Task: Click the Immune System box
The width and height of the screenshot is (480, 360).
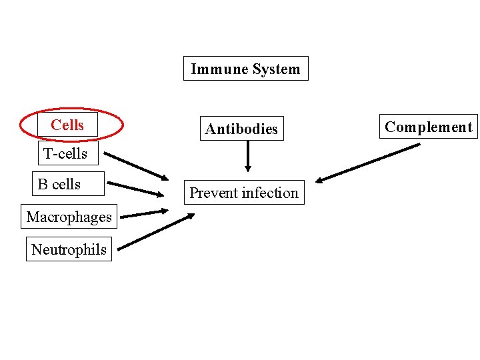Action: tap(245, 69)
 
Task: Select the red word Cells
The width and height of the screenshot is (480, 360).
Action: tap(67, 125)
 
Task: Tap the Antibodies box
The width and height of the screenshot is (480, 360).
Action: tap(241, 129)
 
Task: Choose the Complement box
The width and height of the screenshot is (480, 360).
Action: tap(428, 127)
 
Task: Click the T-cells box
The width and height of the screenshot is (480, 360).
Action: tap(65, 153)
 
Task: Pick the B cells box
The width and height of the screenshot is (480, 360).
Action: tap(59, 184)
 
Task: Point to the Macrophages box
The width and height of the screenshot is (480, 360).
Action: tap(69, 217)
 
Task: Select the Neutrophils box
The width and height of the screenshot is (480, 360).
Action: tap(69, 249)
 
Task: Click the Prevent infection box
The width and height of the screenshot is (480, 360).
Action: tap(244, 193)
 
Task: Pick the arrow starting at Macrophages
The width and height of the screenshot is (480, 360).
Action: tap(144, 214)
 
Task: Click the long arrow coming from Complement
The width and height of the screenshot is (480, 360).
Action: tap(368, 163)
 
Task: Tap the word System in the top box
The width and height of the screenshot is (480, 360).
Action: tap(273, 69)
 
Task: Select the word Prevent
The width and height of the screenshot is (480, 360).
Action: tap(213, 193)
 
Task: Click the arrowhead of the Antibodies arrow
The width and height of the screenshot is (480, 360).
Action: tap(247, 169)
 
